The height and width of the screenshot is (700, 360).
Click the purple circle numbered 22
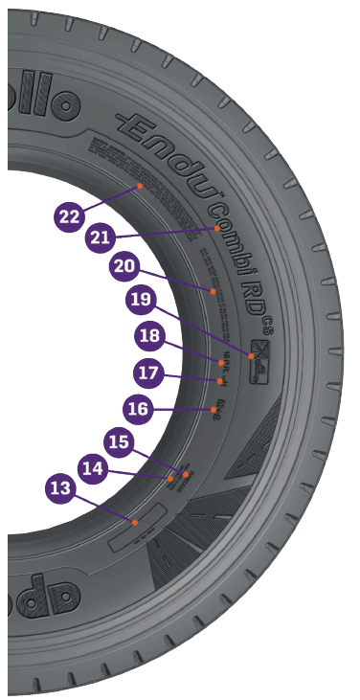click(69, 216)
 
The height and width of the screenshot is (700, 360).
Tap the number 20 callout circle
click(124, 267)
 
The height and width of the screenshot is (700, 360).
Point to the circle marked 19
click(141, 300)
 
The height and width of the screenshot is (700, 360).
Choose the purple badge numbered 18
click(148, 336)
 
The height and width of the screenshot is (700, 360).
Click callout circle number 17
click(147, 372)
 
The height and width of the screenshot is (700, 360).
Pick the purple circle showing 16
click(139, 409)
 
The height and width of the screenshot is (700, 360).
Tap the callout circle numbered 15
click(119, 442)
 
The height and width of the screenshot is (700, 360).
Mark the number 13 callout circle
click(60, 488)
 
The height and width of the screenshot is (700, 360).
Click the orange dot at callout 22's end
click(140, 185)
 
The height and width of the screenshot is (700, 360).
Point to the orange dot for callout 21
click(217, 229)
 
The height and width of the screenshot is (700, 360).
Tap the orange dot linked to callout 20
click(213, 289)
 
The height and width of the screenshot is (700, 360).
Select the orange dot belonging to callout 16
click(213, 409)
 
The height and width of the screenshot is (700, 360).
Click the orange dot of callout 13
click(135, 522)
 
